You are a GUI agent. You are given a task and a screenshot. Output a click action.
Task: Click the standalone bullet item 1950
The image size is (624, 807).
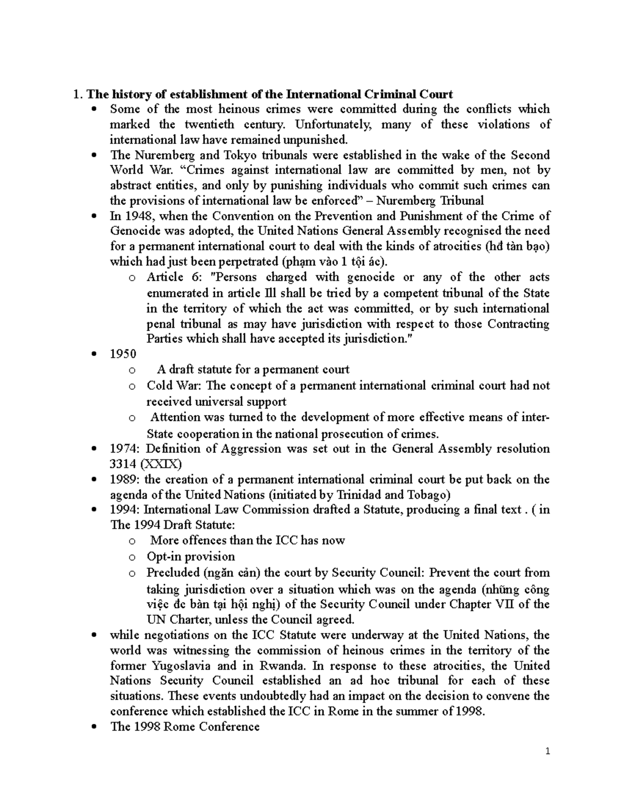123,354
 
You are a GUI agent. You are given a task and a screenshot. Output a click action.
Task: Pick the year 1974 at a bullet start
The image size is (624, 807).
124,448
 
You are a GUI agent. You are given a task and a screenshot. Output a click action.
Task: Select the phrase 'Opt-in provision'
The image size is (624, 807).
191,557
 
